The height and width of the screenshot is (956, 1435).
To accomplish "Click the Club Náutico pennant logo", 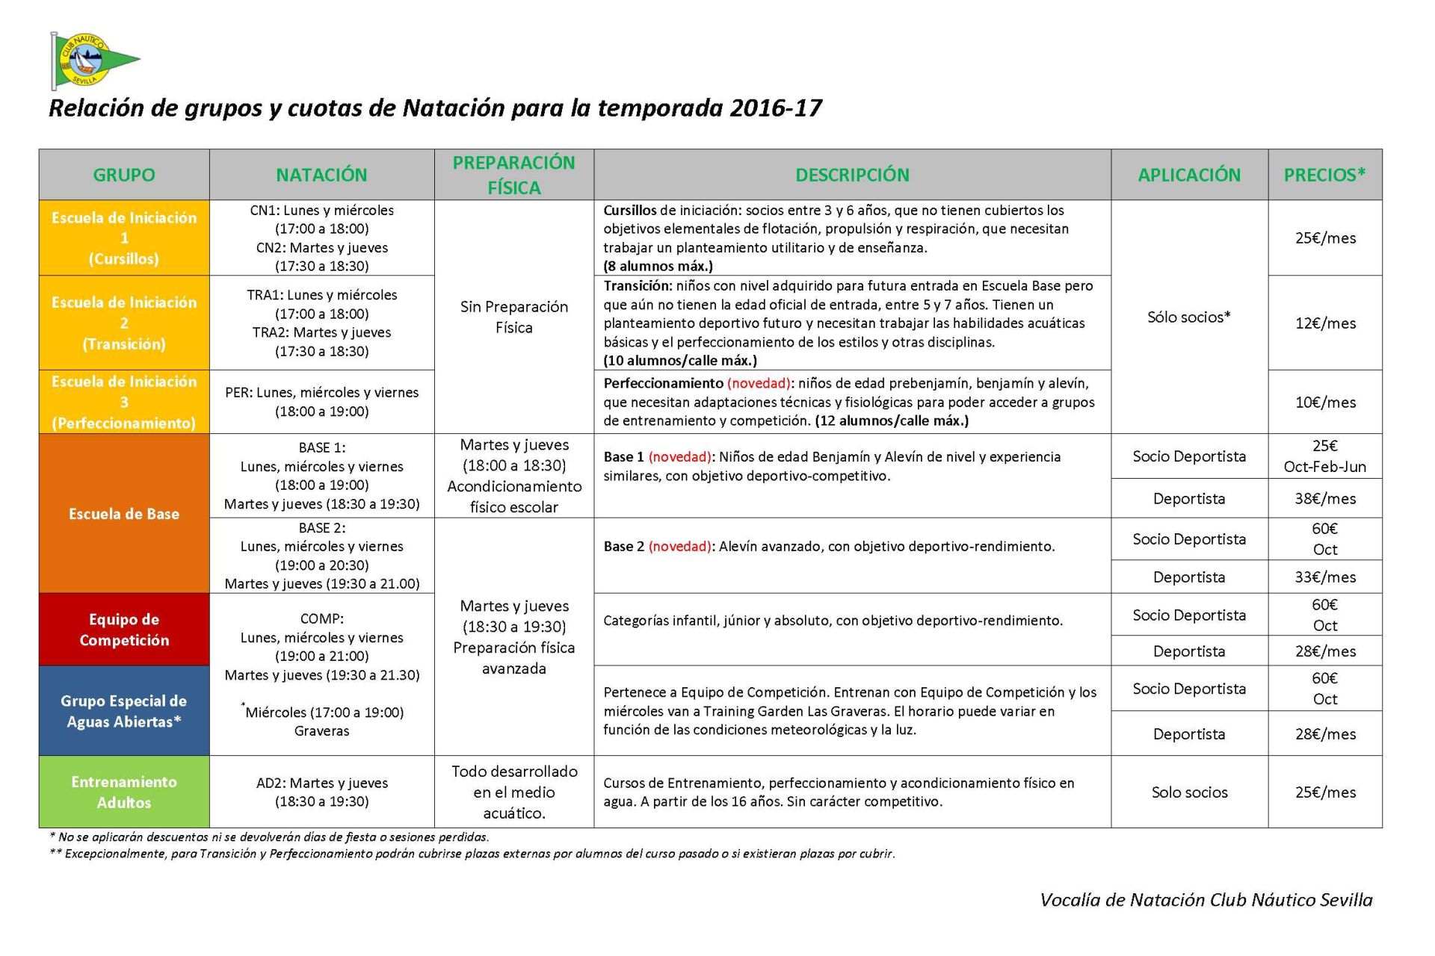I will click(x=93, y=60).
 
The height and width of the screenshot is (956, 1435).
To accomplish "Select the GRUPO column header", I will click(x=124, y=175).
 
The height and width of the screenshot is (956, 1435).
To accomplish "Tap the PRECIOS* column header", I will click(x=1324, y=175).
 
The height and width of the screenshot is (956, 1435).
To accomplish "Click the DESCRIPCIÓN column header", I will click(x=852, y=175).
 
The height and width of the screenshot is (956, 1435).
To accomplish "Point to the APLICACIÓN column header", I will click(x=1188, y=175).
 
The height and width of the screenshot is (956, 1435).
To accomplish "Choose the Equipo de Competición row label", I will click(x=124, y=630).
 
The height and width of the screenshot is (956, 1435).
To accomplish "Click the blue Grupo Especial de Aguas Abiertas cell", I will click(x=124, y=711).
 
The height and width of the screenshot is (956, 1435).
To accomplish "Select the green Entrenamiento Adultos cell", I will click(x=124, y=792).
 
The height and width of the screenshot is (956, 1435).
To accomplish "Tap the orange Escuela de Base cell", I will click(x=124, y=514).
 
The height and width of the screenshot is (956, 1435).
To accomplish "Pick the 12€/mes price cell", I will click(x=1325, y=323).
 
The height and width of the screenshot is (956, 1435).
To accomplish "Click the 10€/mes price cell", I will click(x=1325, y=403).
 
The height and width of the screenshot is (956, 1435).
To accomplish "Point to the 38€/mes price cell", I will click(x=1325, y=499).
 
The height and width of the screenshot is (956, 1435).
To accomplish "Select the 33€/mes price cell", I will click(x=1325, y=577).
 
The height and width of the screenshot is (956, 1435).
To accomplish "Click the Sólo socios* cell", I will click(x=1188, y=317).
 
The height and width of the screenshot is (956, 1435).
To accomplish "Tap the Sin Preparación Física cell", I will click(x=514, y=317).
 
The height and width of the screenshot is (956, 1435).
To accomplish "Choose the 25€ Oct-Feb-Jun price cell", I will click(x=1325, y=456).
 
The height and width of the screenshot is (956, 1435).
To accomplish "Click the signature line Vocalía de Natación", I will click(x=1206, y=900).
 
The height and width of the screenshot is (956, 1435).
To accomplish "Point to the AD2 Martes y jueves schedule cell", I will click(x=321, y=792).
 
